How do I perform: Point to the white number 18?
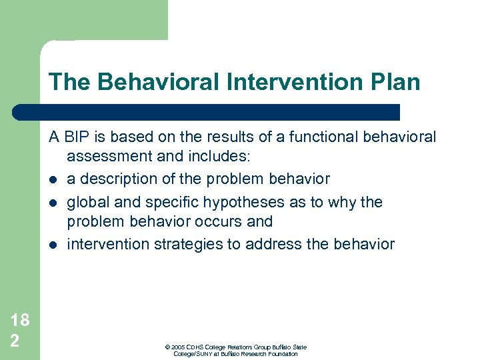[x=20, y=320]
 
